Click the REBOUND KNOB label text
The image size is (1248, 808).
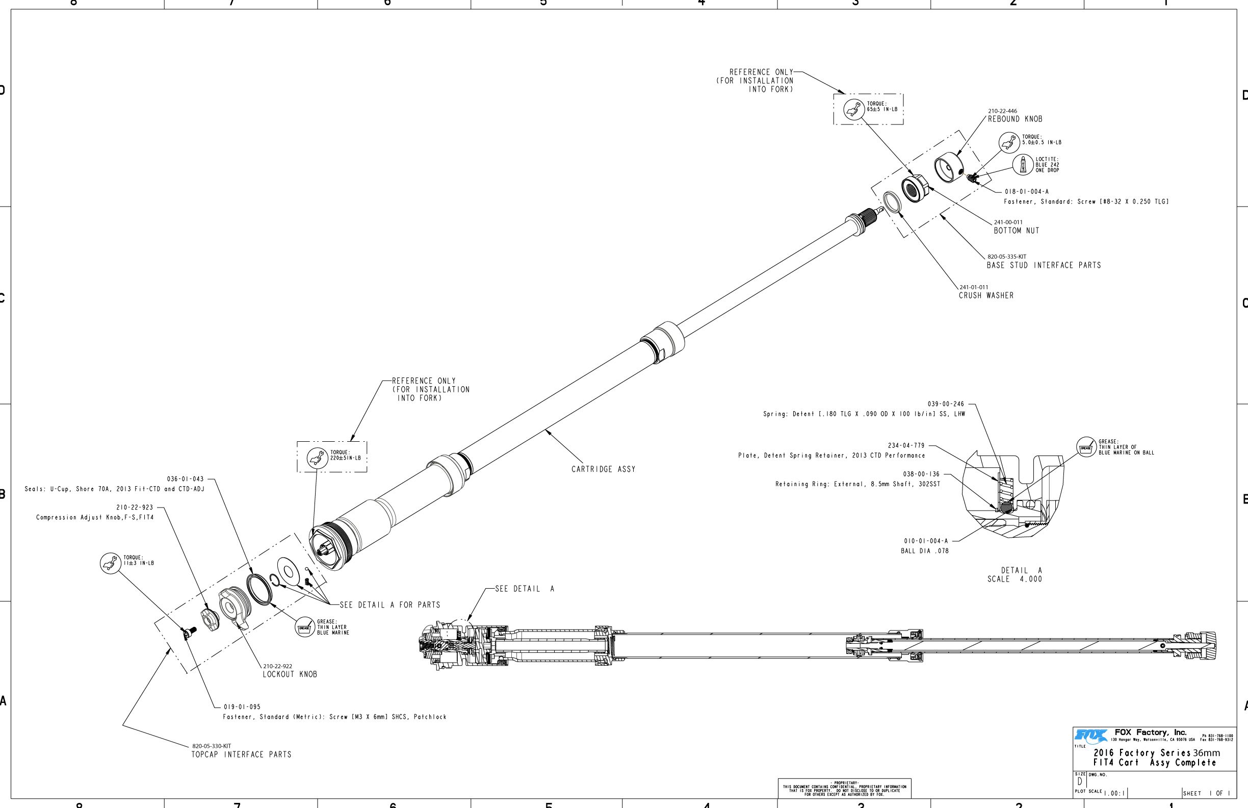pyautogui.click(x=1015, y=119)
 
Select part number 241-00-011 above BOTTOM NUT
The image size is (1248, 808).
pyautogui.click(x=1008, y=222)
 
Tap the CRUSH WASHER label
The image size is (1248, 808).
pyautogui.click(x=986, y=295)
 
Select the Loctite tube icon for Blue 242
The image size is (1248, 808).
pyautogui.click(x=1023, y=165)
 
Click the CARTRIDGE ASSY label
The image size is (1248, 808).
pyautogui.click(x=603, y=469)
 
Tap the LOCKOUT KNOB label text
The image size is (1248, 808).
pyautogui.click(x=290, y=674)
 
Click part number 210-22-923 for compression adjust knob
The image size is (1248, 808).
pyautogui.click(x=134, y=508)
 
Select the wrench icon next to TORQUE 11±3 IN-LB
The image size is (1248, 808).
pyautogui.click(x=110, y=563)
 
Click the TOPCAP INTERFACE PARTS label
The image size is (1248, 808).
pyautogui.click(x=241, y=754)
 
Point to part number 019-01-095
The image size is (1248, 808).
pyautogui.click(x=242, y=706)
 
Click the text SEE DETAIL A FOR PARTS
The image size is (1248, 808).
pyautogui.click(x=389, y=605)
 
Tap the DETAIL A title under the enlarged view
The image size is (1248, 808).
pyautogui.click(x=1021, y=570)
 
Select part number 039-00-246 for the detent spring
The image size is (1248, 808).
pyautogui.click(x=946, y=404)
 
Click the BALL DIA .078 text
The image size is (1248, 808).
pyautogui.click(x=924, y=551)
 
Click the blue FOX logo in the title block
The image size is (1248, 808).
pyautogui.click(x=1090, y=735)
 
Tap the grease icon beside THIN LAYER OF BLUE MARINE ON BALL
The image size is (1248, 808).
pyautogui.click(x=1085, y=447)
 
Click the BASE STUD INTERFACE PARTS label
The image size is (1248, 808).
pyautogui.click(x=1044, y=265)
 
